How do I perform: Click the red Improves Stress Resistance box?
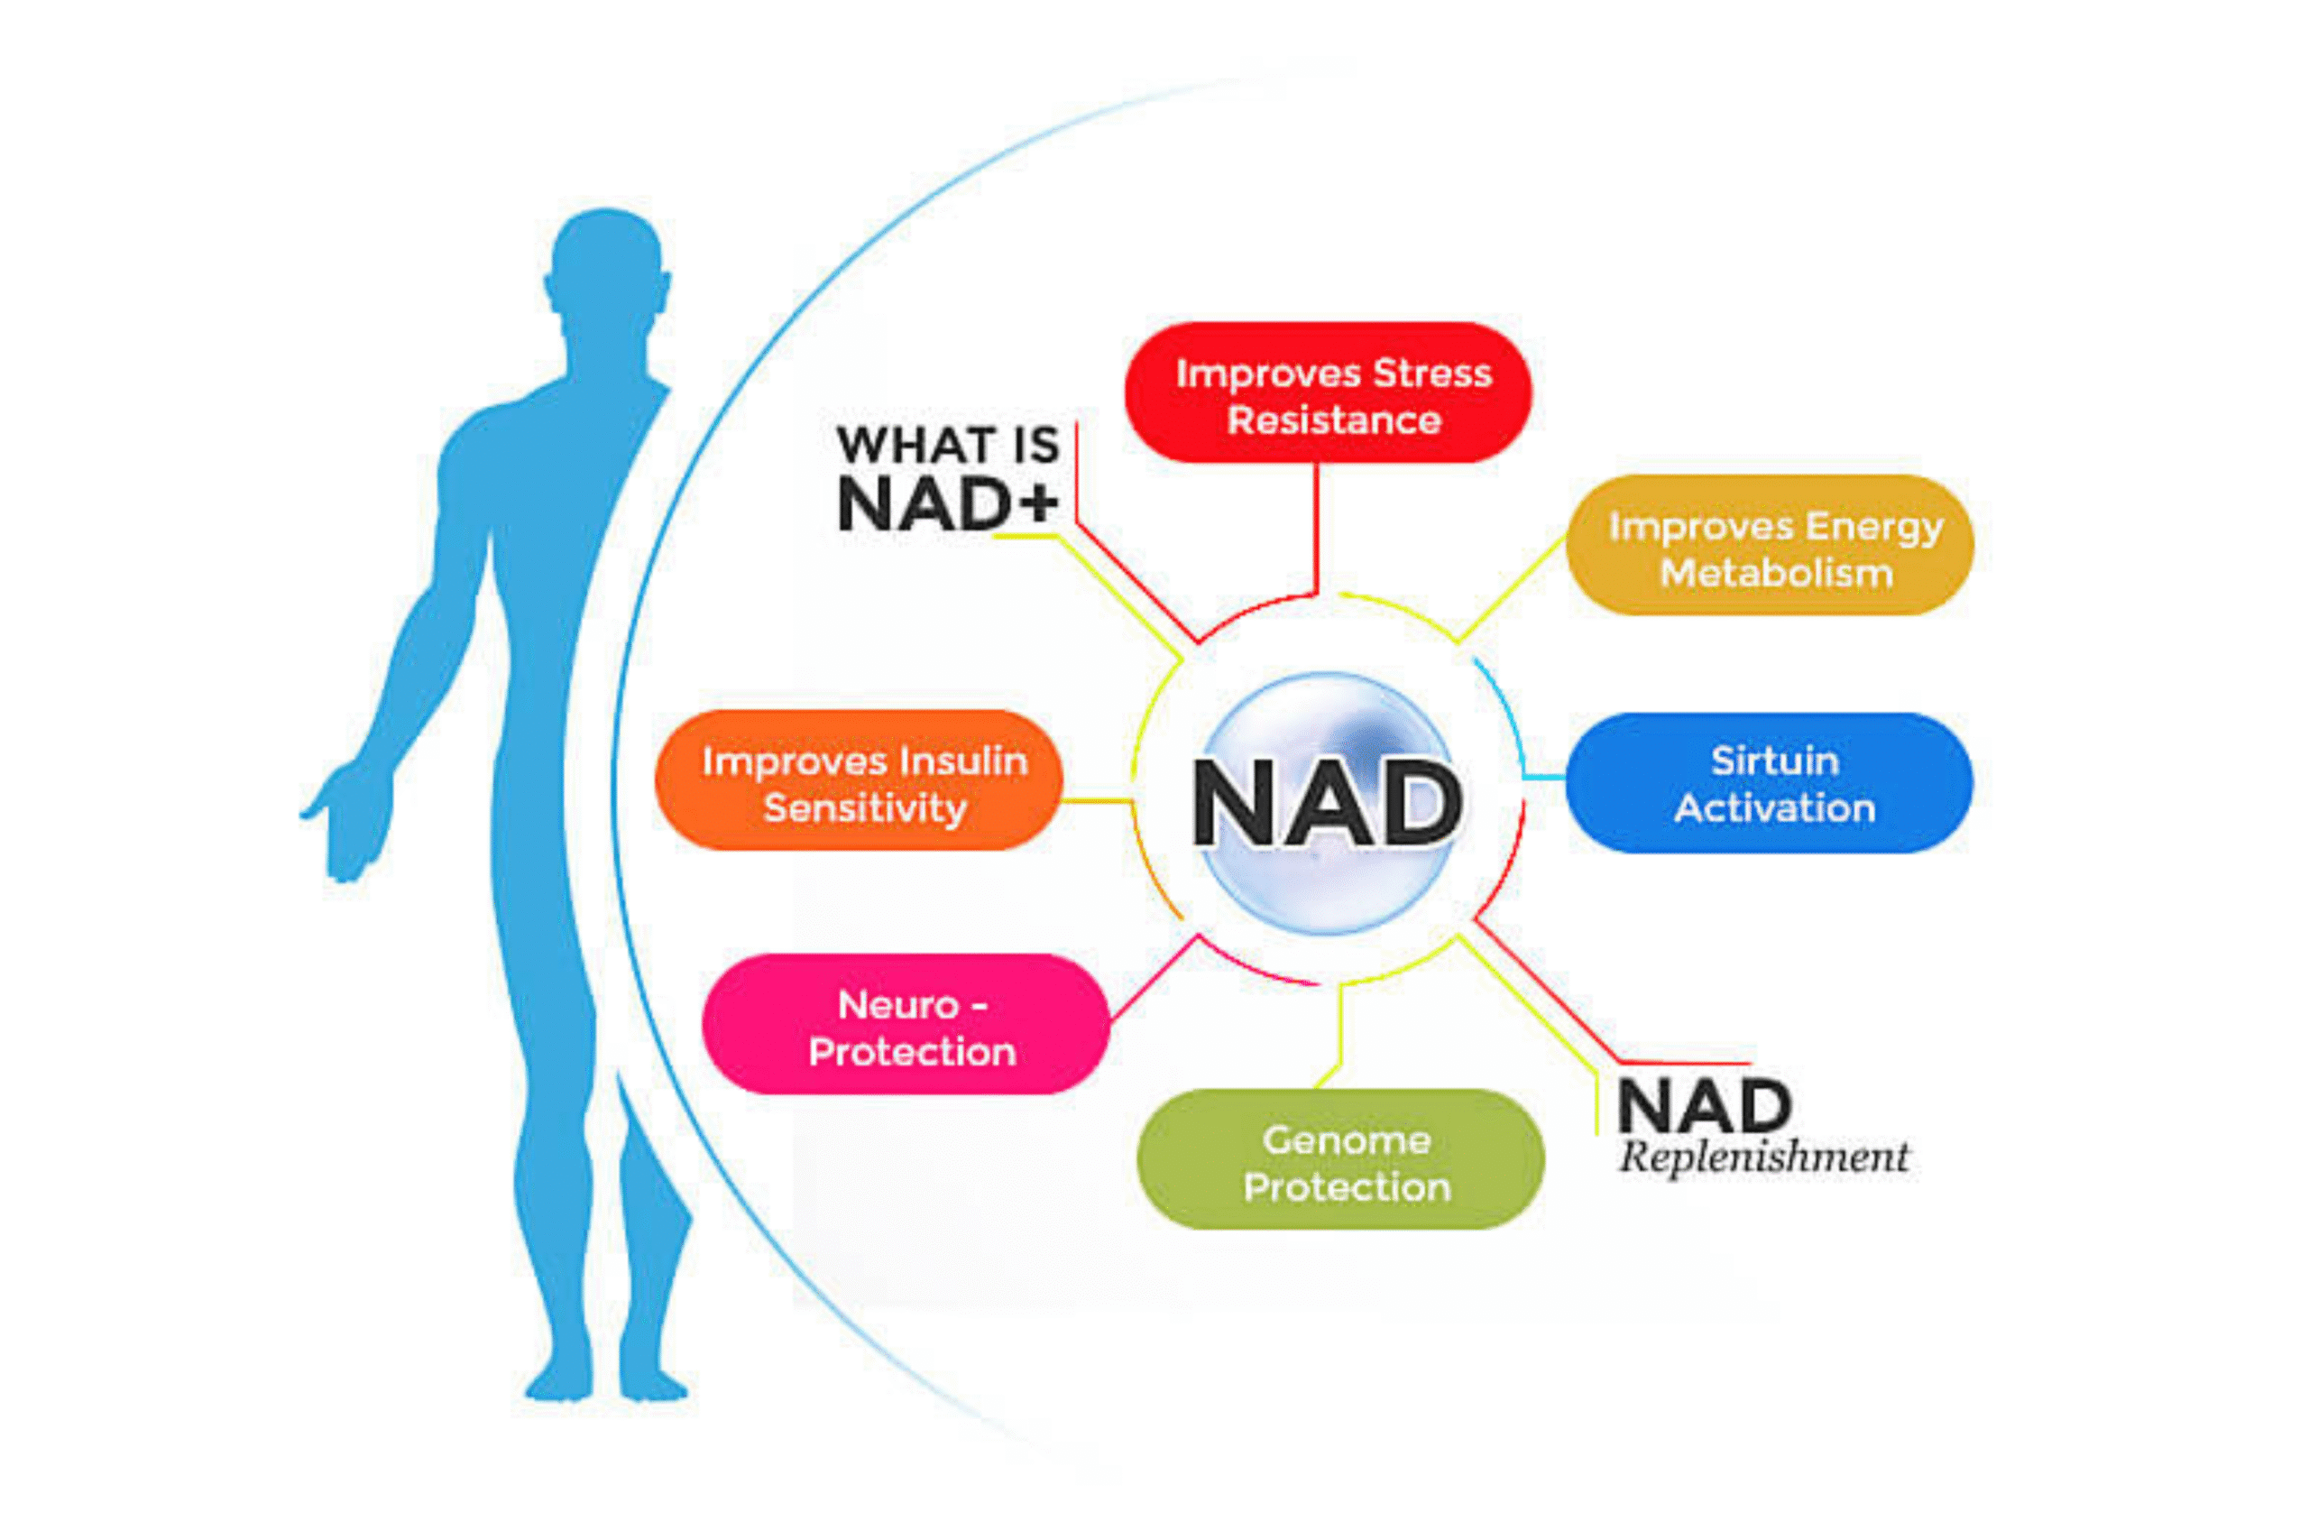pyautogui.click(x=1328, y=392)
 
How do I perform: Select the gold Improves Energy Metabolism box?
pyautogui.click(x=1769, y=546)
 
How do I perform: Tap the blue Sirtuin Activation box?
pyautogui.click(x=1769, y=783)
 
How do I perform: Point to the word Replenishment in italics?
pyautogui.click(x=1763, y=1157)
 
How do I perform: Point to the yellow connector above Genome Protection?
pyautogui.click(x=1340, y=1031)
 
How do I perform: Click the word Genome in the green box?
pyautogui.click(x=1347, y=1139)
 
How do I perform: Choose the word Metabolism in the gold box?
pyautogui.click(x=1776, y=572)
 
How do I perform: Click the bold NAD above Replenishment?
pyautogui.click(x=1705, y=1107)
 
